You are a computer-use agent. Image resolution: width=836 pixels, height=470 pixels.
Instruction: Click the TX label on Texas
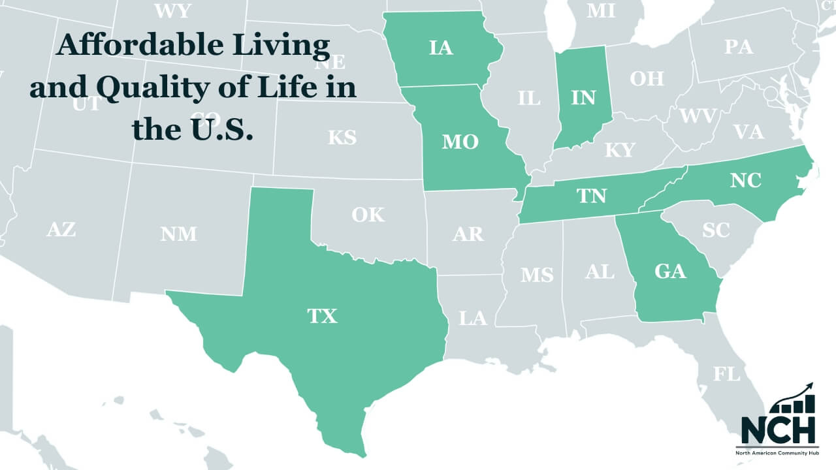(322, 316)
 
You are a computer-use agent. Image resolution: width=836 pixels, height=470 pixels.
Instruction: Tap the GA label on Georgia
(670, 270)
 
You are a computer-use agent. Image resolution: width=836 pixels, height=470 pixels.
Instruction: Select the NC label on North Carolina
(746, 180)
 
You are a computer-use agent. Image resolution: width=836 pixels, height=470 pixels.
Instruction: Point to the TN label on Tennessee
(591, 195)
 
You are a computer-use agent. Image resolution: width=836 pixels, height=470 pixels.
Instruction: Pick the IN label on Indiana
(583, 97)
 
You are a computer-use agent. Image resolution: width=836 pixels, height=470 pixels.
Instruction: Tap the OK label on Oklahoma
(368, 214)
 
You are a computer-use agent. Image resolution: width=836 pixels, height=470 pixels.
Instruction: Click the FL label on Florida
(727, 374)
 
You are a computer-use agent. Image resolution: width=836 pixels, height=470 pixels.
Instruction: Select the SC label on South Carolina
(716, 230)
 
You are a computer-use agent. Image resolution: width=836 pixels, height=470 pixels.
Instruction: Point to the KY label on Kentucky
(619, 149)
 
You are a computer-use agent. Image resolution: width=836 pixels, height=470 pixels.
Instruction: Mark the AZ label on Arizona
(61, 229)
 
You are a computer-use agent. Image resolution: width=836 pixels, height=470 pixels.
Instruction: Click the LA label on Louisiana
(473, 318)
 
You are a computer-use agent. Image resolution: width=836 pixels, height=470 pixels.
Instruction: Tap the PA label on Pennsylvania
(739, 47)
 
